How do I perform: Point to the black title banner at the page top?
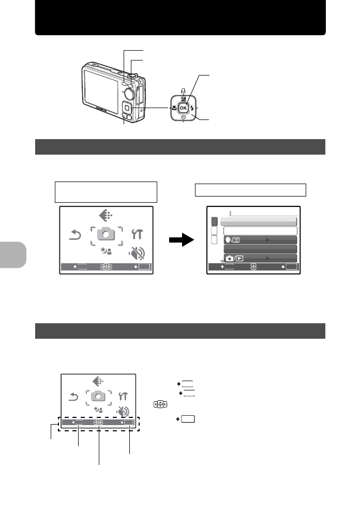pos(180,18)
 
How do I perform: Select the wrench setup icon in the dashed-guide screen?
pos(123,396)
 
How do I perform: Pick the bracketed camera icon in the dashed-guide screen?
pos(98,396)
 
